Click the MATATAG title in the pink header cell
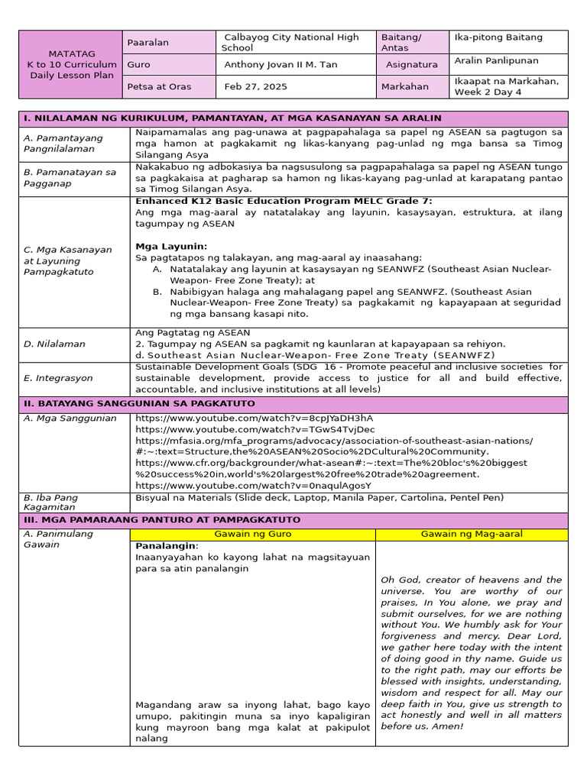pyautogui.click(x=72, y=53)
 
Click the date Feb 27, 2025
pyautogui.click(x=256, y=86)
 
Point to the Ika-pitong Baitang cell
pyautogui.click(x=498, y=37)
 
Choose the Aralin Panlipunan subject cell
pyautogui.click(x=496, y=60)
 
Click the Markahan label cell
pyautogui.click(x=405, y=86)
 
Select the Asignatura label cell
pyautogui.click(x=412, y=65)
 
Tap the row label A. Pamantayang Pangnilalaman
pyautogui.click(x=63, y=144)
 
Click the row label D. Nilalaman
pyautogui.click(x=55, y=344)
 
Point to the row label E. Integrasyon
pyautogui.click(x=58, y=378)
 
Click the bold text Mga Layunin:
pyautogui.click(x=171, y=247)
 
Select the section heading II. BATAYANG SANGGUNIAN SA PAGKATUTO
pyautogui.click(x=139, y=403)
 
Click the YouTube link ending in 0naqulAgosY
pyautogui.click(x=253, y=485)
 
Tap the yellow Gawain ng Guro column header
pyautogui.click(x=252, y=534)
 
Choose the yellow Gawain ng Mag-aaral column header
pyautogui.click(x=472, y=534)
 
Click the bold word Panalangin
pyautogui.click(x=167, y=546)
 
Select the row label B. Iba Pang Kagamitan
pyautogui.click(x=50, y=502)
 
